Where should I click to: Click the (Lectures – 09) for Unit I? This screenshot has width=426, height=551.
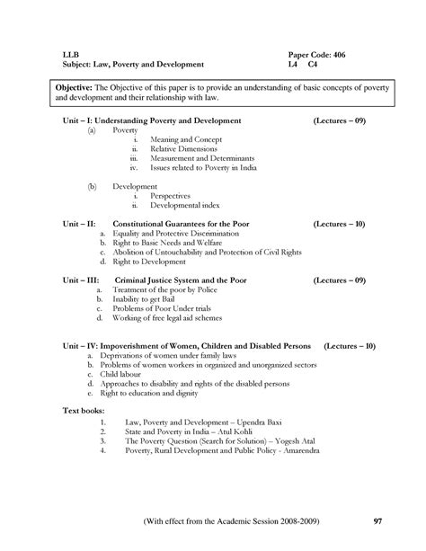pyautogui.click(x=342, y=119)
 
